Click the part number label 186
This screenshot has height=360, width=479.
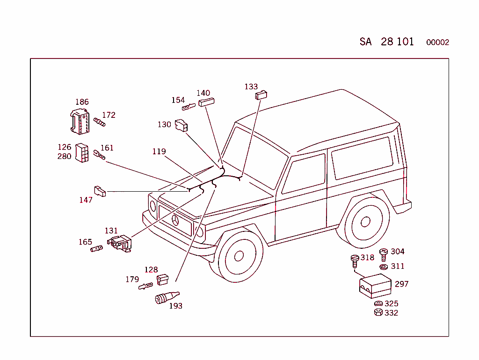click(82, 101)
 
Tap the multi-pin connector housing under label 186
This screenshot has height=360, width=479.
click(80, 122)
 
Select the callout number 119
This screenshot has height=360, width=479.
click(159, 151)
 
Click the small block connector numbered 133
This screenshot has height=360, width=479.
click(261, 95)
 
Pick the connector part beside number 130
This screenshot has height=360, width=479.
click(181, 125)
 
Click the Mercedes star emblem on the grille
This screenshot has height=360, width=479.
click(175, 220)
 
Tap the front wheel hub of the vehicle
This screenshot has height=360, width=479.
click(239, 256)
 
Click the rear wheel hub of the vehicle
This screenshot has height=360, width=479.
click(365, 222)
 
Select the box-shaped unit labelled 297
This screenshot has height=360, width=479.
click(375, 286)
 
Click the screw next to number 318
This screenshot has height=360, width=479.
click(355, 261)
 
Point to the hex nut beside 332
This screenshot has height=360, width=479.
click(378, 312)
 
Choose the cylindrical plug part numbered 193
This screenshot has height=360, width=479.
click(167, 297)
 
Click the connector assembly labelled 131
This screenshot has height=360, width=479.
click(120, 244)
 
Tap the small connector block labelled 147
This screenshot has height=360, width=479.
click(100, 191)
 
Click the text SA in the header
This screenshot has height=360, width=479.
click(365, 42)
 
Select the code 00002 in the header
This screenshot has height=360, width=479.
click(437, 43)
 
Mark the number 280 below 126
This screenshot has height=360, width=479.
click(64, 156)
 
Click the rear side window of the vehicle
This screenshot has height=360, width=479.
click(363, 158)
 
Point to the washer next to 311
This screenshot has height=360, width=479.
click(384, 267)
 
